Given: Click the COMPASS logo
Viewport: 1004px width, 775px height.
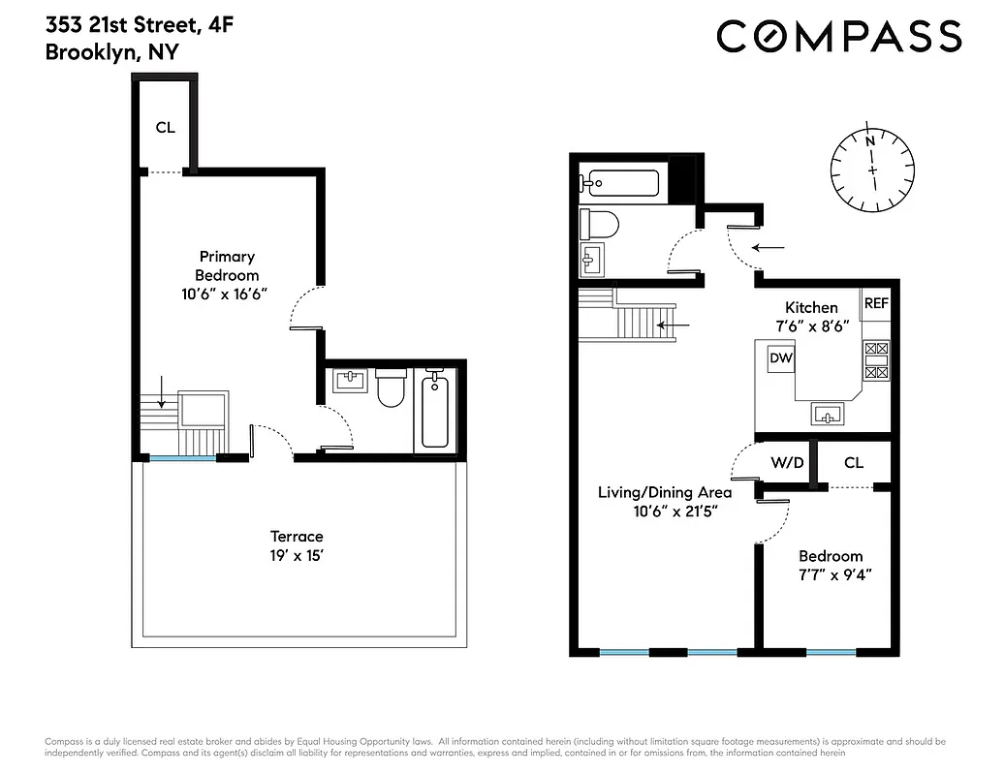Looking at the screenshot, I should pos(838,37).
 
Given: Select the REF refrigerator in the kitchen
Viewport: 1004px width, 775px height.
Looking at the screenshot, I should pos(876,303).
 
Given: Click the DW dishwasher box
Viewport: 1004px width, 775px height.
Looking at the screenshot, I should pos(781,358).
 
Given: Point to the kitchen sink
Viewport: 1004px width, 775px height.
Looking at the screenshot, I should pos(828,415).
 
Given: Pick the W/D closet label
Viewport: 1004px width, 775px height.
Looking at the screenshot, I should pos(787,463).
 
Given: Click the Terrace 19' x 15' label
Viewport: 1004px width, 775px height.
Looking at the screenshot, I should pos(297,545).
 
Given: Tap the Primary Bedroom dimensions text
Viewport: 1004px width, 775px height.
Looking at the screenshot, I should pos(227,294).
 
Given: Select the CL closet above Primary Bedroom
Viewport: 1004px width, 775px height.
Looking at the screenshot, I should pos(166,127).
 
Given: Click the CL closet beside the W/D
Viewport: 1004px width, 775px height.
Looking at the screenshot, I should pos(853,463).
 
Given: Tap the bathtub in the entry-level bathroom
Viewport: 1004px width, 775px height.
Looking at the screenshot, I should pos(620,181).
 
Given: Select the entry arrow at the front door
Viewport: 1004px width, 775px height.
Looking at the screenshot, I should pos(769,248).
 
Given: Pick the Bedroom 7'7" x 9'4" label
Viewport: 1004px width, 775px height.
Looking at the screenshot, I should pos(830,565).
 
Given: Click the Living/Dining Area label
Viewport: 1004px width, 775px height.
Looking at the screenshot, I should pos(664,501).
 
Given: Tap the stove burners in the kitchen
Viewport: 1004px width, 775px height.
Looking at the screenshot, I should pos(875,359).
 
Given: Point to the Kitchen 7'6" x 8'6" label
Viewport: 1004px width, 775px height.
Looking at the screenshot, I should pos(811,317).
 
